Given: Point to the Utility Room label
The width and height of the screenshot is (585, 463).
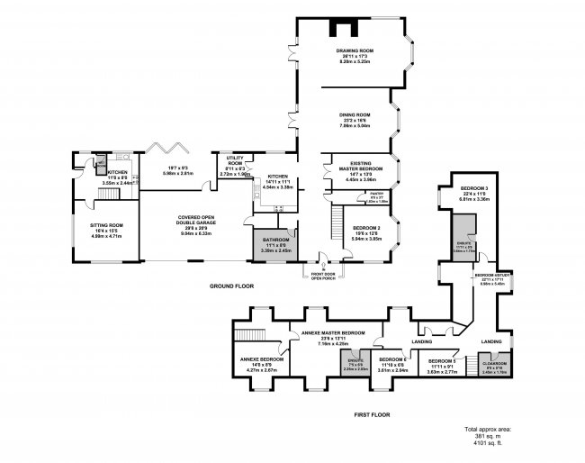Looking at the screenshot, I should pyautogui.click(x=235, y=163).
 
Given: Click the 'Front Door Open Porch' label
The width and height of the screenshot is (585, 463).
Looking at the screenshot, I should pyautogui.click(x=323, y=277).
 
